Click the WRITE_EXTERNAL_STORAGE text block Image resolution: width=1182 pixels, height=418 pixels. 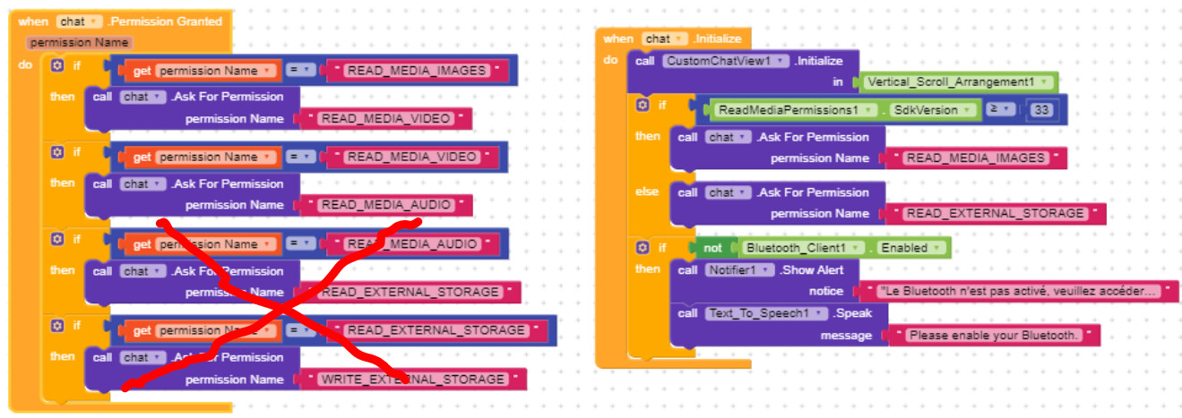[x=413, y=380]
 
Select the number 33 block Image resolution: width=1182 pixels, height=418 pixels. [x=1040, y=109]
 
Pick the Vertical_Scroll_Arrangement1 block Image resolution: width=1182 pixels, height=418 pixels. [x=957, y=81]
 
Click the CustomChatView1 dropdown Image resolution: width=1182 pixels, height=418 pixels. [x=726, y=61]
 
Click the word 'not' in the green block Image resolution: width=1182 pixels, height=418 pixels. [x=712, y=247]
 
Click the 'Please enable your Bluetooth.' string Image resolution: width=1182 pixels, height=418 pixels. [x=992, y=335]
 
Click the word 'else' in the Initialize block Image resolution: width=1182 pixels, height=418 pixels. [x=647, y=192]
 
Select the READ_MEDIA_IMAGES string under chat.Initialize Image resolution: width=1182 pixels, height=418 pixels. [x=975, y=158]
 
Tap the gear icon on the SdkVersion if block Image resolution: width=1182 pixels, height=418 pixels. [x=643, y=106]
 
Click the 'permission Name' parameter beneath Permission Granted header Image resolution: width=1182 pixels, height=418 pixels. [x=80, y=43]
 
